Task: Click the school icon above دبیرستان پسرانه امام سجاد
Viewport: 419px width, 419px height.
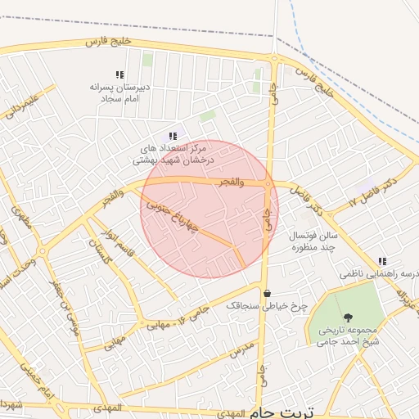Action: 120,74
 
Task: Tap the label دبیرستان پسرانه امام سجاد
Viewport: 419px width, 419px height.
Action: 116,92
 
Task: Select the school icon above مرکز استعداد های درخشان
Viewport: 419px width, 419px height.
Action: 172,136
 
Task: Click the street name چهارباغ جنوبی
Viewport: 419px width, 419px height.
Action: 173,216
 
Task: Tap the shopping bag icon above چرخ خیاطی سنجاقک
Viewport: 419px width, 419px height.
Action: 267,293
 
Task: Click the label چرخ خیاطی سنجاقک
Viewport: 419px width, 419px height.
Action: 267,306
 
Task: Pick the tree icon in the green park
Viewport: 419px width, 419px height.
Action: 349,318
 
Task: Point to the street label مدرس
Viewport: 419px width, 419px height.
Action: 243,349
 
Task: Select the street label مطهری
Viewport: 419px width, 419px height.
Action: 21,215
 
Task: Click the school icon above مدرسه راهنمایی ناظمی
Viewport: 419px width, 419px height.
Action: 382,261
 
